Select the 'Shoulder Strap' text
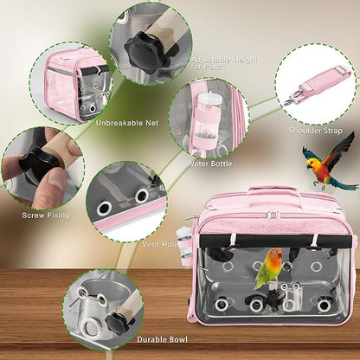315,132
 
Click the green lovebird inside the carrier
269,270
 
